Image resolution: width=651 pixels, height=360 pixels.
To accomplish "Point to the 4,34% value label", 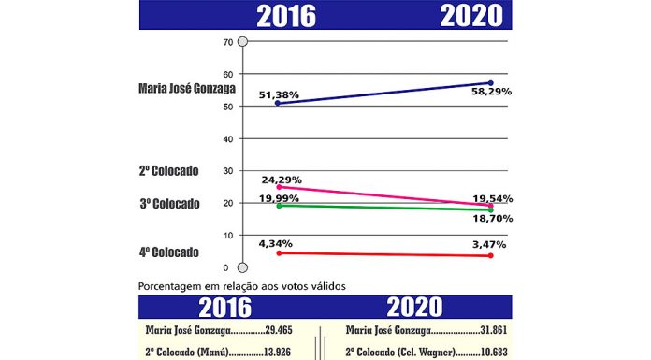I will tap(282, 244).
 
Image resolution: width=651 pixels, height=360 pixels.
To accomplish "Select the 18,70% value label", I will tap(489, 217).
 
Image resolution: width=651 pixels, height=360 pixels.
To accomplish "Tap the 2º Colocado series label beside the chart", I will tap(168, 171).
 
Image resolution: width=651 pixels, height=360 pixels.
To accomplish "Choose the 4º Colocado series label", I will tap(168, 252).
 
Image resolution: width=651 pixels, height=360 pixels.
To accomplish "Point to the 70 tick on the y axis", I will tap(227, 42).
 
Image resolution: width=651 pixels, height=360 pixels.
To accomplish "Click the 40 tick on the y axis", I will tap(227, 139).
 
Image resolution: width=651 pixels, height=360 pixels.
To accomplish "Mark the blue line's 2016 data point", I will tap(252, 103).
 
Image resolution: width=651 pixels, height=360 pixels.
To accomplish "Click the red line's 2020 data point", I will tap(491, 256).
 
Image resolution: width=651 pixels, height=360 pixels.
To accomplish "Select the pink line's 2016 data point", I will tap(252, 187).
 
